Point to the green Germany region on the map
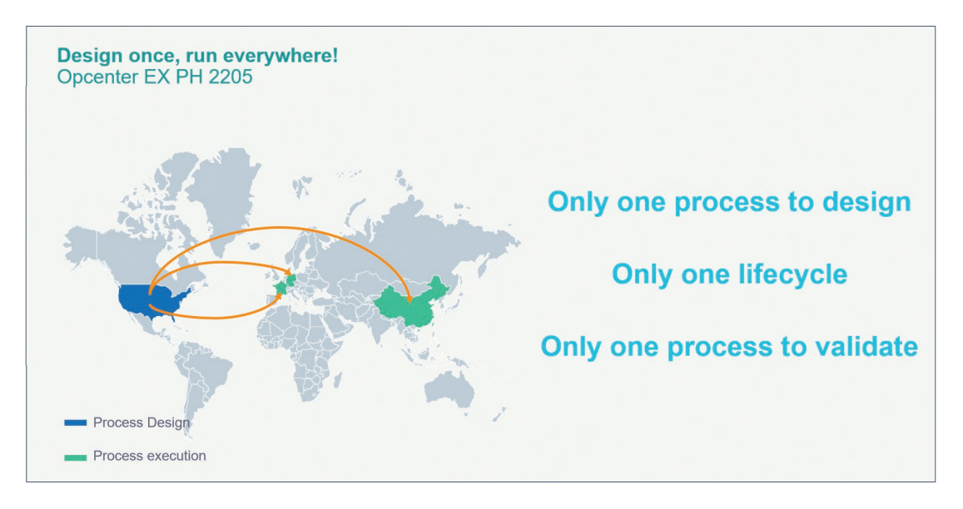[x=291, y=276]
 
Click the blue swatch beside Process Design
[x=76, y=423]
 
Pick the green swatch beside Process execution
[x=76, y=457]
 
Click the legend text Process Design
[x=141, y=423]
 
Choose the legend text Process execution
[x=150, y=456]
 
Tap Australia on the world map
[x=456, y=389]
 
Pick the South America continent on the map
[x=200, y=374]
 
